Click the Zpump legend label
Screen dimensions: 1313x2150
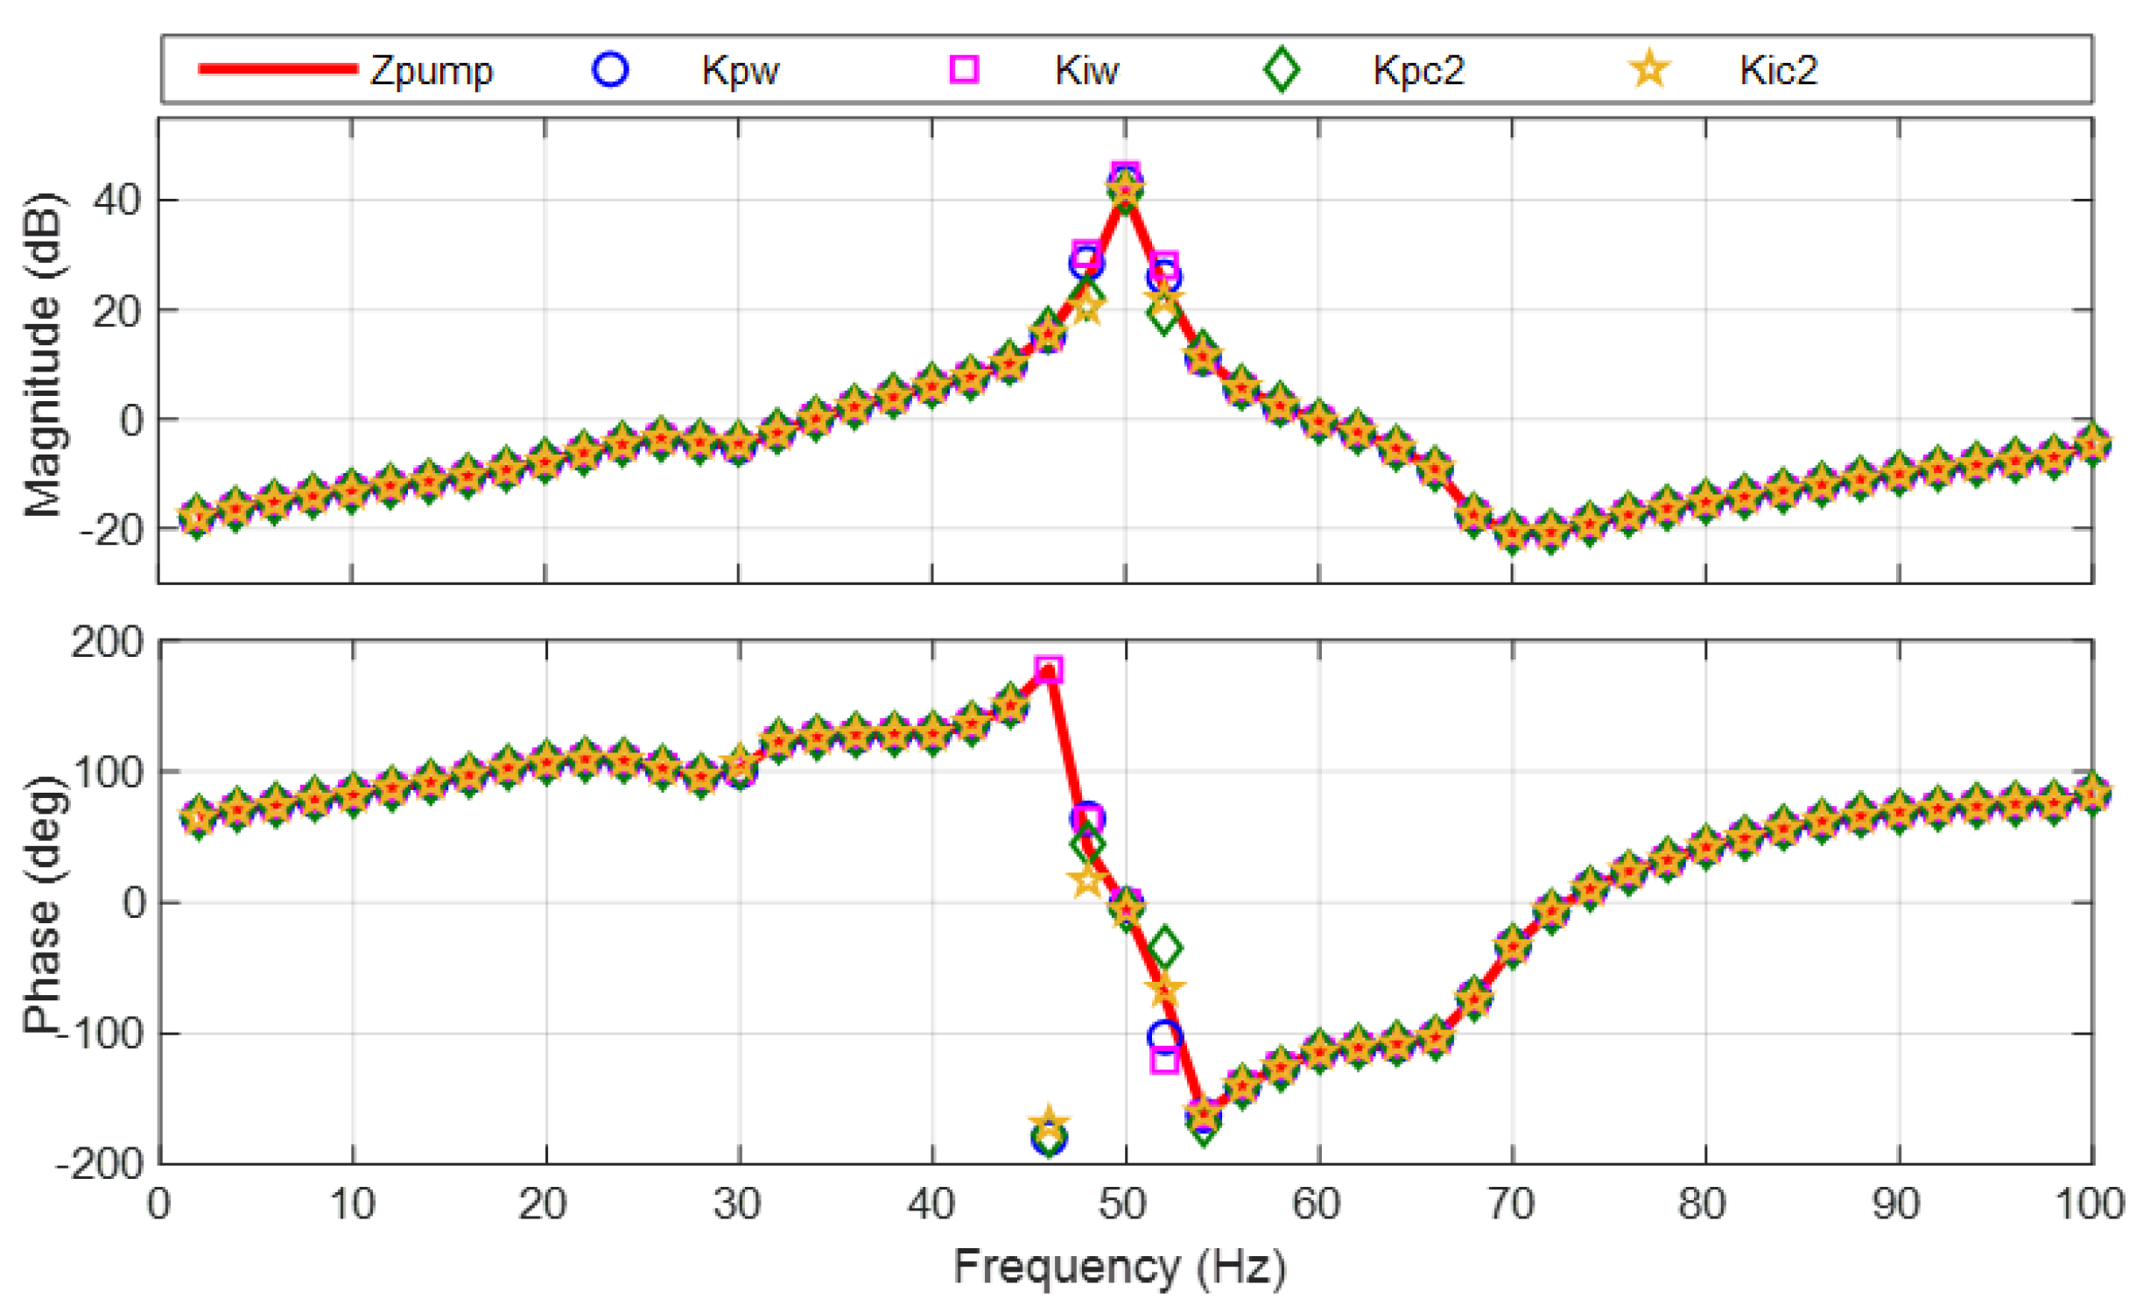point(431,70)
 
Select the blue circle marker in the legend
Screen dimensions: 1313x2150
point(610,68)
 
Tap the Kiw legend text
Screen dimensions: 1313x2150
point(1086,70)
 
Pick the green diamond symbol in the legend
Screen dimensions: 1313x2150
point(1281,69)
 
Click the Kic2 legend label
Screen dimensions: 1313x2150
point(1777,70)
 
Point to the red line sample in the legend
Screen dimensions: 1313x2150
point(278,69)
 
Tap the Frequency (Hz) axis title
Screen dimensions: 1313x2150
point(1119,1267)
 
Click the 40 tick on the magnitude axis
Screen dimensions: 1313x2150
point(117,201)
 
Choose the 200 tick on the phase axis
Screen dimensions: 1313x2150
point(107,643)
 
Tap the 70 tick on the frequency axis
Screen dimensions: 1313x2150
point(1511,1204)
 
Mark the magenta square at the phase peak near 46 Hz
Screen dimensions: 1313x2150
point(1048,670)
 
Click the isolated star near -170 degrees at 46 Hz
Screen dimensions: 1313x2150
point(1048,1122)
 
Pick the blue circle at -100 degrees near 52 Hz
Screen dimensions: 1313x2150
point(1164,1036)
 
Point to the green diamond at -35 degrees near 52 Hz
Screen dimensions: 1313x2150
point(1164,948)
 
